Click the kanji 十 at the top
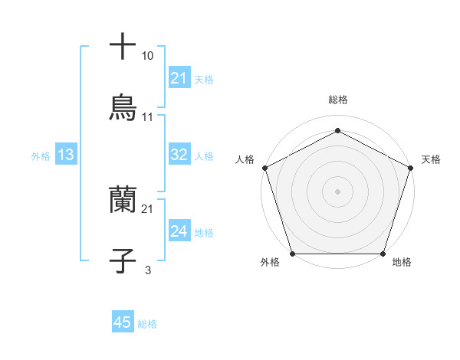[x=123, y=46]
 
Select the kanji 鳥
[x=123, y=108]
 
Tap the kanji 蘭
[x=123, y=200]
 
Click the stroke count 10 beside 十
[x=148, y=56]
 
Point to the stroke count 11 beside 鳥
[x=148, y=117]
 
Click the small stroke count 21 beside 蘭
[x=148, y=209]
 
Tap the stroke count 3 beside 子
[x=148, y=270]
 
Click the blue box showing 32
[x=179, y=155]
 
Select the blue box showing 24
[x=179, y=231]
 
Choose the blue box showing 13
[x=65, y=155]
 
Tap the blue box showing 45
[x=123, y=322]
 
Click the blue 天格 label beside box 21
[x=204, y=79]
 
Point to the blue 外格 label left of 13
[x=41, y=155]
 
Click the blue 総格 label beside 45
[x=147, y=324]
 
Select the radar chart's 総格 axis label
[x=337, y=100]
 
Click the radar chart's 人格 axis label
[x=245, y=159]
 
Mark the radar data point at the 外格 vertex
[x=292, y=254]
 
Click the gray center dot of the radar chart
[x=337, y=191]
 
